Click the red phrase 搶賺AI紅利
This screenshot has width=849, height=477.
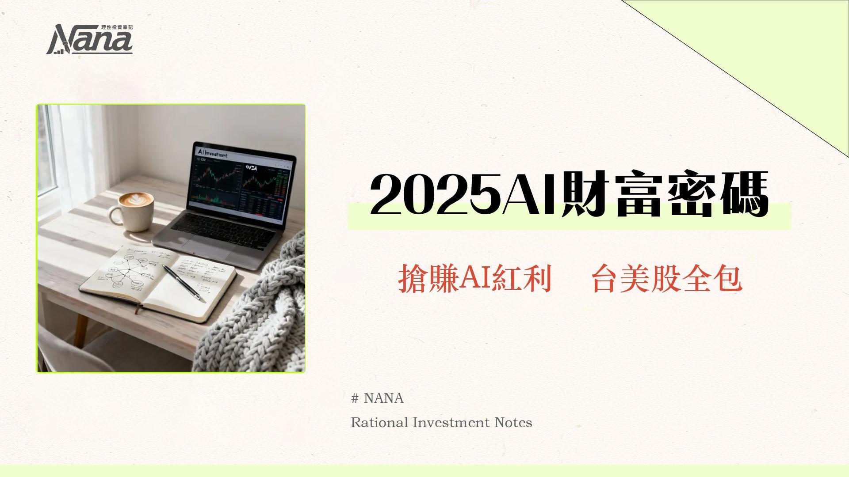(475, 279)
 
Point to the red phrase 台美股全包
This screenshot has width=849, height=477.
(667, 279)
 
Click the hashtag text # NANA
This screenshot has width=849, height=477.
(377, 398)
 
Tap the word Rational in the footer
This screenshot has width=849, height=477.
(379, 423)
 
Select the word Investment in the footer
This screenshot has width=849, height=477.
(451, 423)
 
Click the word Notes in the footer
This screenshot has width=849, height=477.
(513, 423)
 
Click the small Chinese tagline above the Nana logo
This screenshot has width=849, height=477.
(117, 27)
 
